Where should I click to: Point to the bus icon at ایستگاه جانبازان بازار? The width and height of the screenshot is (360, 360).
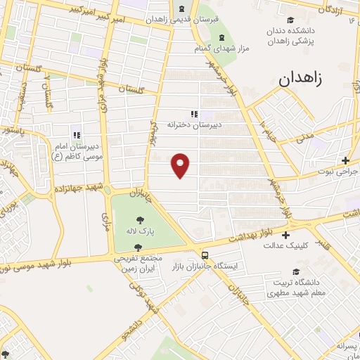(x=205, y=256)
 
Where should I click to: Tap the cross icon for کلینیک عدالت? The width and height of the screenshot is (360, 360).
(x=285, y=235)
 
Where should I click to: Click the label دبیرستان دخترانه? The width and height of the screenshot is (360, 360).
(x=188, y=124)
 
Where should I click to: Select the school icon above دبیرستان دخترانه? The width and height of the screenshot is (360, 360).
(x=194, y=114)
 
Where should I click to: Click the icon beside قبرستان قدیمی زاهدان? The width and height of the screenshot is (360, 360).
(x=182, y=8)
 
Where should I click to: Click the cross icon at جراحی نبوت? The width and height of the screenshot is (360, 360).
(x=345, y=160)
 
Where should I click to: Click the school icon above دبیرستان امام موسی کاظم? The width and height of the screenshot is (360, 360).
(x=77, y=135)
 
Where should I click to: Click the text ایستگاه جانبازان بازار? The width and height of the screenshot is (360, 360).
(x=205, y=267)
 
